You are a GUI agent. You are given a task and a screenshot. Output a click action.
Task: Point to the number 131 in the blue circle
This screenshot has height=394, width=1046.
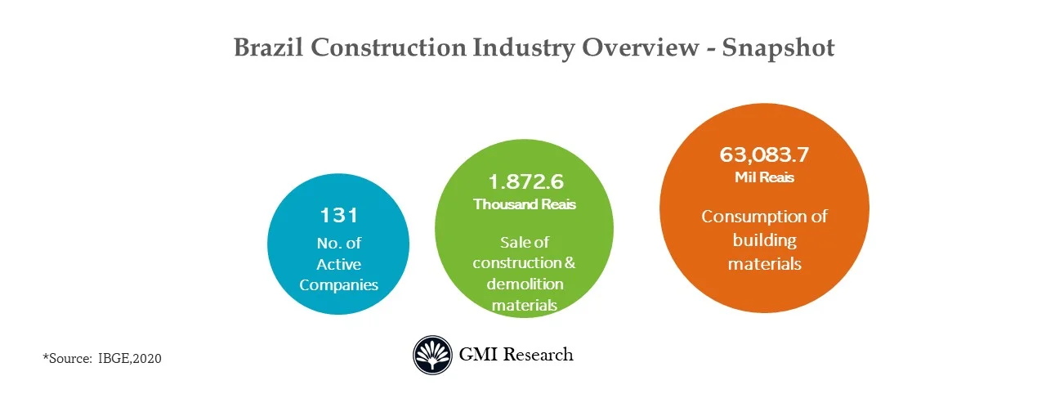click(338, 216)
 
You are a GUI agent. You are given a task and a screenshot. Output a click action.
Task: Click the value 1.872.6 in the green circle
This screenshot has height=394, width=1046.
click(525, 181)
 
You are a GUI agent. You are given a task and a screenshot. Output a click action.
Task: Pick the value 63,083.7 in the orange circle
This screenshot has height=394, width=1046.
click(765, 154)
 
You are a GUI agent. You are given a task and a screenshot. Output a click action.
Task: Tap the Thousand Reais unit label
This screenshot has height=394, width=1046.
click(525, 204)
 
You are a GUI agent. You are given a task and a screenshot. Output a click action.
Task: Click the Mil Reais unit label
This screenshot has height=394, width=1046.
click(765, 177)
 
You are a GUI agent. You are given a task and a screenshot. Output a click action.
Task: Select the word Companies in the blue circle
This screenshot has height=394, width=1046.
click(338, 285)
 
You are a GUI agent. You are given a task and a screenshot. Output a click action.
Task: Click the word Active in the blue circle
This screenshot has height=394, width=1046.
click(338, 264)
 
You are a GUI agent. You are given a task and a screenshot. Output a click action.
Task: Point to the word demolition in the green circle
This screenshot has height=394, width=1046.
click(525, 284)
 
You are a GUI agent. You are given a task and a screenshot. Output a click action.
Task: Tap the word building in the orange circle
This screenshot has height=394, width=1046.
click(765, 240)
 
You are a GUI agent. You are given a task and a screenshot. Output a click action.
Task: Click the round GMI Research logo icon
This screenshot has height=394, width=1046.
click(432, 355)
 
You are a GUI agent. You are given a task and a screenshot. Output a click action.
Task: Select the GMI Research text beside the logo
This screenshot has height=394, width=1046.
click(516, 355)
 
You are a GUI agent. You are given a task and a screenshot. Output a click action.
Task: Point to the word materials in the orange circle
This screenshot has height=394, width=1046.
click(765, 264)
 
